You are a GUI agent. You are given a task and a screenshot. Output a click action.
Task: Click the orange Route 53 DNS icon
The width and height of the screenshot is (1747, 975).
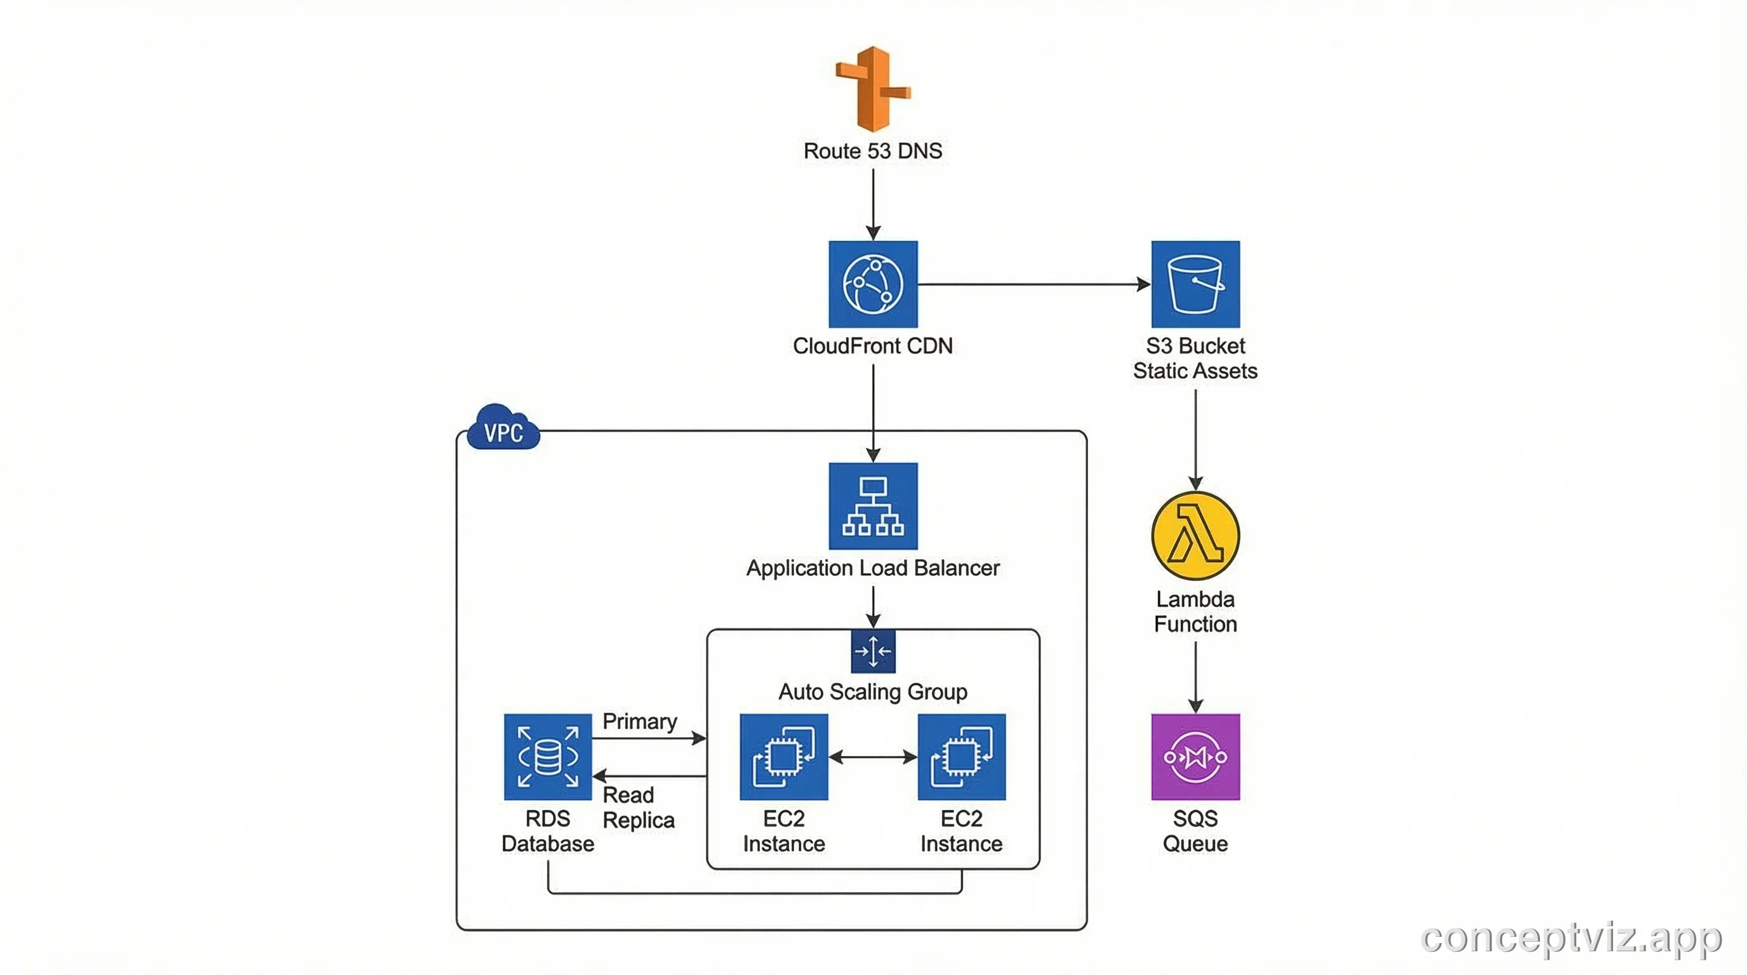[x=873, y=89]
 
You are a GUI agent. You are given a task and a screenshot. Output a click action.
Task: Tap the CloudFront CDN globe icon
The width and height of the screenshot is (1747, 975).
[x=873, y=284]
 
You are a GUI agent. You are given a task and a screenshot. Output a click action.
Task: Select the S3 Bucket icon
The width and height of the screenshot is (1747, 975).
[x=1195, y=284]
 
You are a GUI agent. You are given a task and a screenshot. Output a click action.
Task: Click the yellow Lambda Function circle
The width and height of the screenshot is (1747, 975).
[x=1195, y=536]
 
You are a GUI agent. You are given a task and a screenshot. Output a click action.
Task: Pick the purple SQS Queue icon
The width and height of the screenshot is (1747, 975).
[x=1195, y=757]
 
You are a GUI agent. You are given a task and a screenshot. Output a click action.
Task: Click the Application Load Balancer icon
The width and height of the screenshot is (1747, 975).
[x=873, y=506]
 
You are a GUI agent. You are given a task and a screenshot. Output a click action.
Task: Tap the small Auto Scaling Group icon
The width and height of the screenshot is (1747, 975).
[x=873, y=651]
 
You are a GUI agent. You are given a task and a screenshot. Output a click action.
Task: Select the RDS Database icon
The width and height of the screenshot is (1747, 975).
[x=547, y=757]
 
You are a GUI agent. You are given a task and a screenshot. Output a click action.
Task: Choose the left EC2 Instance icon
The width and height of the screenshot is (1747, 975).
[x=783, y=757]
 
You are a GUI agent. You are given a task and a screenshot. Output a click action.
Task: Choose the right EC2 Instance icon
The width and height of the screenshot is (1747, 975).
[x=961, y=757]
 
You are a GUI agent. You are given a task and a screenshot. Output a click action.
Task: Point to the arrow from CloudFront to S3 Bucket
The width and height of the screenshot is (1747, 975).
[x=1031, y=284]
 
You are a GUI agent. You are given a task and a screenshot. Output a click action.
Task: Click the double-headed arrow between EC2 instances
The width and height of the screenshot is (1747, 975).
[x=873, y=757]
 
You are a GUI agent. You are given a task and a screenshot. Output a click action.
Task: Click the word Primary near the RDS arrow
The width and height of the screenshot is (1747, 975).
[x=639, y=720]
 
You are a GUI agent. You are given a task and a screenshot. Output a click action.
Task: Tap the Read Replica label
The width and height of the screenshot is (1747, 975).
[x=637, y=807]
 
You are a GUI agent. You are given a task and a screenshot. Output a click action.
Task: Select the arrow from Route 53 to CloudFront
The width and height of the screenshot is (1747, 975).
[x=873, y=203]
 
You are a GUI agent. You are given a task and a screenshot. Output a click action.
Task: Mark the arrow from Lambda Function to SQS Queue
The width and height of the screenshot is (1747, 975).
[x=1195, y=677]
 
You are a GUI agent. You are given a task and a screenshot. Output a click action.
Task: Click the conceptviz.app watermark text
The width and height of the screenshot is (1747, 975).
[x=1571, y=938]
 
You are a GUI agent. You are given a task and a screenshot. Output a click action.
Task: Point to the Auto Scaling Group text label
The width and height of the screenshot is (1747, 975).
[x=873, y=692]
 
